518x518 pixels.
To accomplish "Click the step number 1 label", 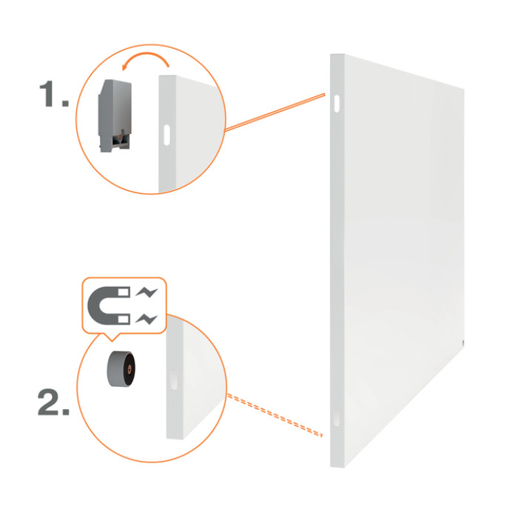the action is (54, 94).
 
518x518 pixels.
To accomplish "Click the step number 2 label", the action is (53, 402).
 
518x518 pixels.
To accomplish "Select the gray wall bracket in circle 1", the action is (115, 115).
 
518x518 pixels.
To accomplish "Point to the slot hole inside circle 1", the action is (166, 135).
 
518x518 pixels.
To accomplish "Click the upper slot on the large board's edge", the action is (337, 104).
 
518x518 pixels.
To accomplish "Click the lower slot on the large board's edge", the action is (336, 417).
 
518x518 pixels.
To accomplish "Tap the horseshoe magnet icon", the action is (109, 306).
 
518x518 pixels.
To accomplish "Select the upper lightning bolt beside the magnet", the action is (147, 292).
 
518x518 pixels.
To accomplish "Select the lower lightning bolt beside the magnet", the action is (147, 319).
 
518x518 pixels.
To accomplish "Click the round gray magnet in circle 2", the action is (121, 369).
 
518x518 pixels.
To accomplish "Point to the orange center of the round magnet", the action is (129, 369).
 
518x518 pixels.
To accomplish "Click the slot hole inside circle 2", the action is (174, 380).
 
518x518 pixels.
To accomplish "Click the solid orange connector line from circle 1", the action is (275, 112).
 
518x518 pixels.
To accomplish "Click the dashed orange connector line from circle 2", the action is (275, 415).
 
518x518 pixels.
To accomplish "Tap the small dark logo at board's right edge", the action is (463, 343).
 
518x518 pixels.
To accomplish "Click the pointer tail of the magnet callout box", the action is (112, 338).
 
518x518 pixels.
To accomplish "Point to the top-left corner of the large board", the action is (331, 55).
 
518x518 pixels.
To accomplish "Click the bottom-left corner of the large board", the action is (331, 466).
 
